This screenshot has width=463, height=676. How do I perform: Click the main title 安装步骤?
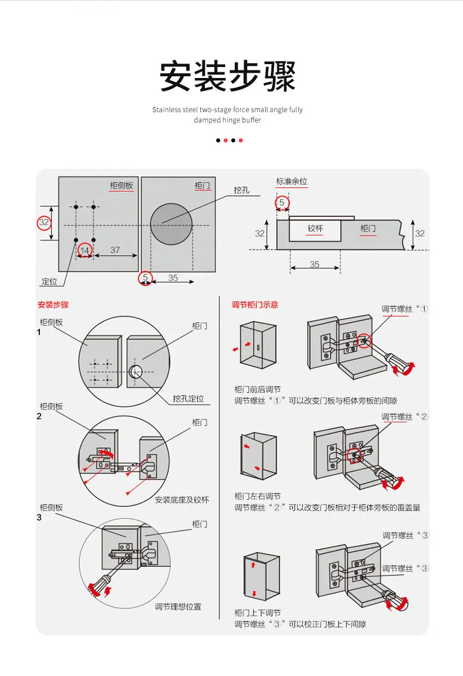[227, 76]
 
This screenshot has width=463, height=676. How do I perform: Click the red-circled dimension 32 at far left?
[44, 222]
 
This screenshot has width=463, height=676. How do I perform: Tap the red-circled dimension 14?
[84, 251]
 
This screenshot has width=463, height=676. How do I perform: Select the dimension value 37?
[115, 250]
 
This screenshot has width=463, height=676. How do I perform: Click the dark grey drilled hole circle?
[171, 224]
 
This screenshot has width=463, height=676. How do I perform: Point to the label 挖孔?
[241, 190]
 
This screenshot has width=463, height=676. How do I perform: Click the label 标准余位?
[292, 181]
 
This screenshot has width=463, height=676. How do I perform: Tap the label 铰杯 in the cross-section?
[315, 228]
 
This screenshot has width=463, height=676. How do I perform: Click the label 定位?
[49, 281]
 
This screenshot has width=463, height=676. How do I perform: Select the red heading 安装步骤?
[53, 305]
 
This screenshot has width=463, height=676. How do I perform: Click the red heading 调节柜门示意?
[255, 305]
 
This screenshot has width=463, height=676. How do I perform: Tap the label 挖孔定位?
[188, 399]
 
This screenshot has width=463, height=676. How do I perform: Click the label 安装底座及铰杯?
[182, 500]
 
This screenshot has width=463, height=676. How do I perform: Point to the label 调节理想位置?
[178, 607]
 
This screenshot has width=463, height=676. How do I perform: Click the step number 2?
[39, 417]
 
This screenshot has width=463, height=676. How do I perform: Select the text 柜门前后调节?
[258, 389]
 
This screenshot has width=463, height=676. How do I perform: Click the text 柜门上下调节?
[258, 612]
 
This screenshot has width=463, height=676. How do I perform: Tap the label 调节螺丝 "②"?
[405, 417]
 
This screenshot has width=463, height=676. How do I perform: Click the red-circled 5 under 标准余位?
[282, 203]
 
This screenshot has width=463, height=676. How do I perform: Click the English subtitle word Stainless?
[166, 110]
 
